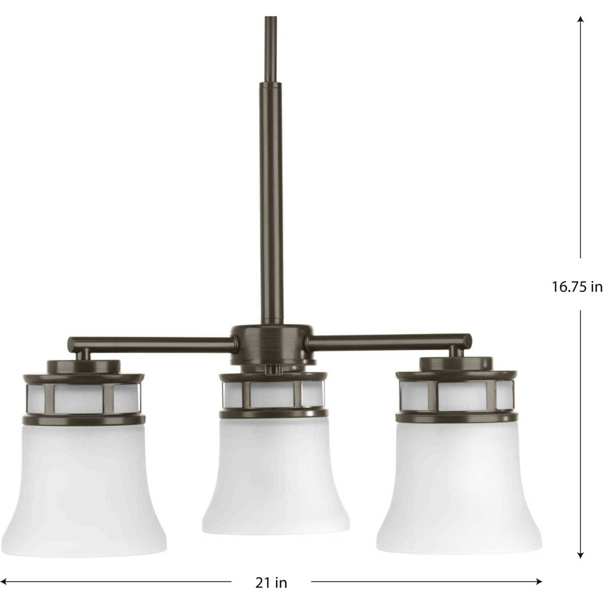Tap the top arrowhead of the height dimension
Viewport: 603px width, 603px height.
[581, 20]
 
